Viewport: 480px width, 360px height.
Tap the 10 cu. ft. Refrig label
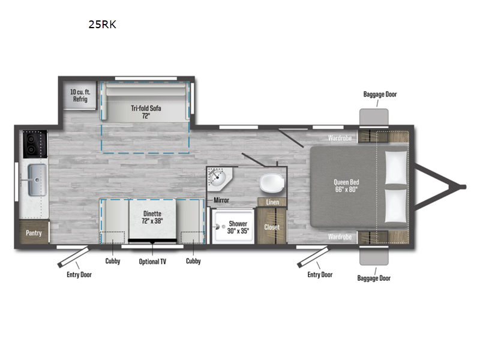click(79, 95)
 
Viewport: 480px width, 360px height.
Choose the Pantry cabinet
click(34, 232)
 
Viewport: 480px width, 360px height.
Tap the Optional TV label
click(153, 261)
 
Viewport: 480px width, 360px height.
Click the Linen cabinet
click(272, 202)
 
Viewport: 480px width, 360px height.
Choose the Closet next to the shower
click(272, 227)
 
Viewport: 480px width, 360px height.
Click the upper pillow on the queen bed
click(395, 167)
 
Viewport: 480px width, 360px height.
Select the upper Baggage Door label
click(380, 94)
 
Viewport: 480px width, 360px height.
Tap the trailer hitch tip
click(462, 187)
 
